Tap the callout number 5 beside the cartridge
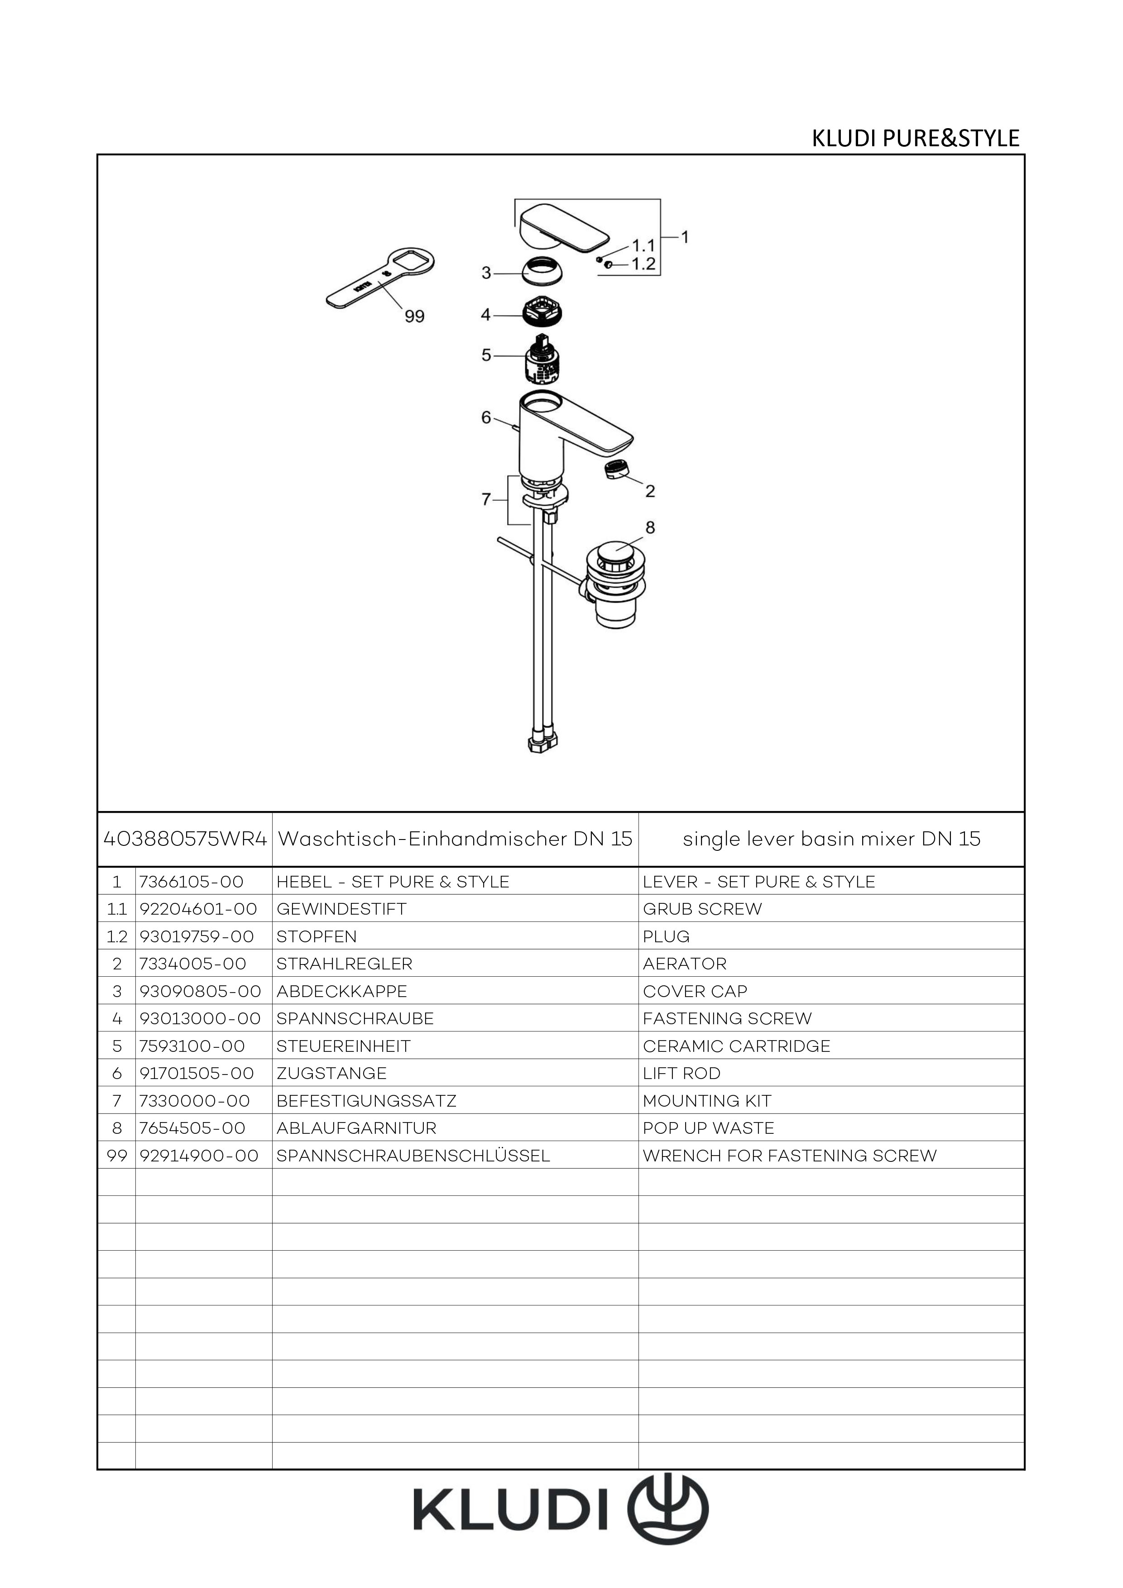point(486,355)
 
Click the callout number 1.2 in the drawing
point(643,264)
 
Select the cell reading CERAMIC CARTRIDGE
point(736,1046)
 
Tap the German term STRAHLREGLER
point(344,964)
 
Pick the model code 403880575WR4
point(185,839)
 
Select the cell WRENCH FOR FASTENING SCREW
point(790,1156)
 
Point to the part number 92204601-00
point(198,909)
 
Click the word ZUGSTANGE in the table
point(332,1074)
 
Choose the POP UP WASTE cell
point(709,1128)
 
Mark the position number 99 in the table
point(117,1156)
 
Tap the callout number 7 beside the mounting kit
point(486,499)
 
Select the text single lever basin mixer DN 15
point(832,839)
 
